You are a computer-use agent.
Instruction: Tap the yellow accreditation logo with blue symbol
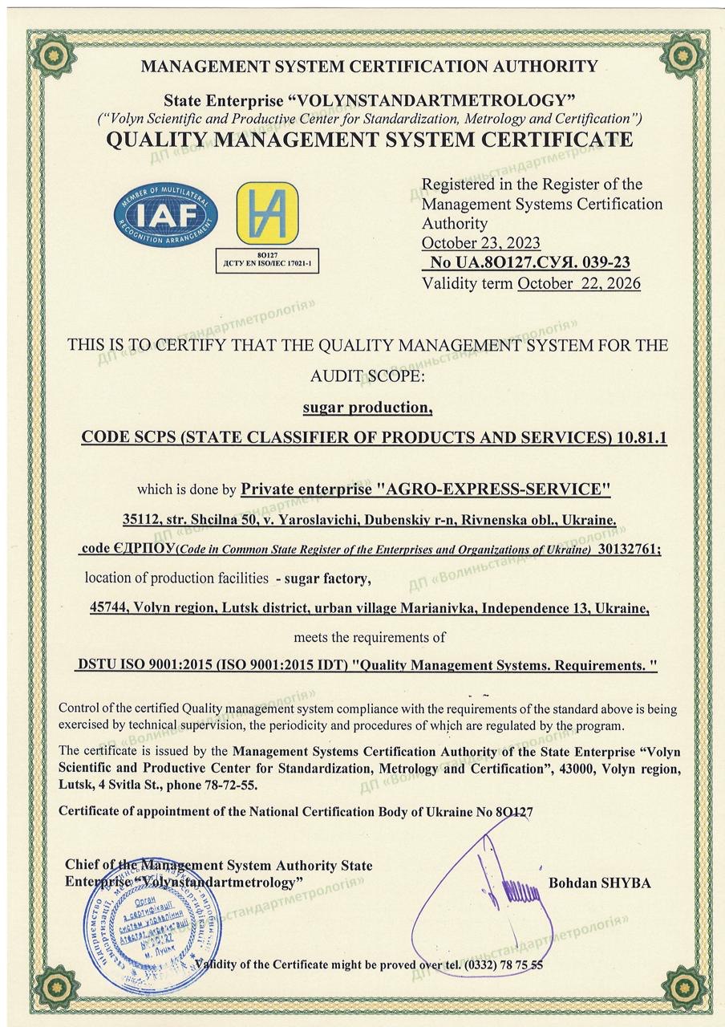pyautogui.click(x=266, y=214)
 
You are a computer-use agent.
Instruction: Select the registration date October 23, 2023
pyautogui.click(x=480, y=242)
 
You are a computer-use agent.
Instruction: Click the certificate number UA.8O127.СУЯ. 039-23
pyautogui.click(x=538, y=262)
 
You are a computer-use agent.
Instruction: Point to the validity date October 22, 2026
pyautogui.click(x=579, y=283)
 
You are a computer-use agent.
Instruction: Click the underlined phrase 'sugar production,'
pyautogui.click(x=367, y=408)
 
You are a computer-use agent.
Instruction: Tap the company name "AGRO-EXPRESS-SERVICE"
pyautogui.click(x=493, y=489)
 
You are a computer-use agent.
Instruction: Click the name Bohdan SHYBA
pyautogui.click(x=599, y=883)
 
